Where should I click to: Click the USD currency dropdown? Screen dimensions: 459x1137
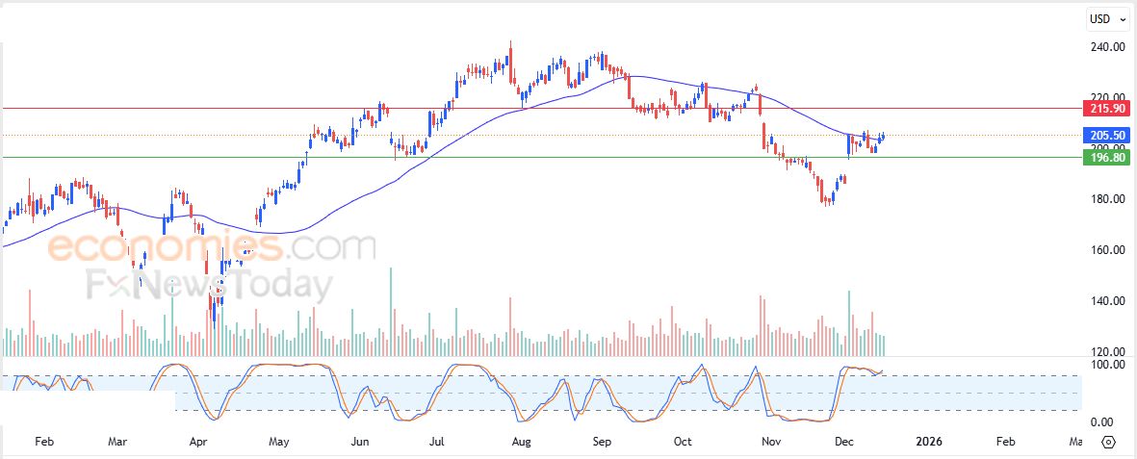pos(1106,19)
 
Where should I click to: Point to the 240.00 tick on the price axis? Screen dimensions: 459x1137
pos(1107,46)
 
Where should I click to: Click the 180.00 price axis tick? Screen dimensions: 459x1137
pos(1107,199)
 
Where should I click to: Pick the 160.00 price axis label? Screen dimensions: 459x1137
pos(1107,250)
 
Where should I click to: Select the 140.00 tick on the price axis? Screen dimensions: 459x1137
pos(1107,301)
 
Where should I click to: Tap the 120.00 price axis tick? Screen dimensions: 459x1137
pos(1107,352)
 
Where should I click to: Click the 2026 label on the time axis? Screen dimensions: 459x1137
pos(929,442)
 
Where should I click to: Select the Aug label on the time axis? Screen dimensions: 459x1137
pos(521,442)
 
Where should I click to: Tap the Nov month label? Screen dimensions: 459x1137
pos(770,442)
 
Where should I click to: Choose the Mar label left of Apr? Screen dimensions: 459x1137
pos(117,442)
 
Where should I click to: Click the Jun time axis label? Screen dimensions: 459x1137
pos(360,442)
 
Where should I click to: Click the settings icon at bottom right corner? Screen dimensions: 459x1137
pos(1108,442)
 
